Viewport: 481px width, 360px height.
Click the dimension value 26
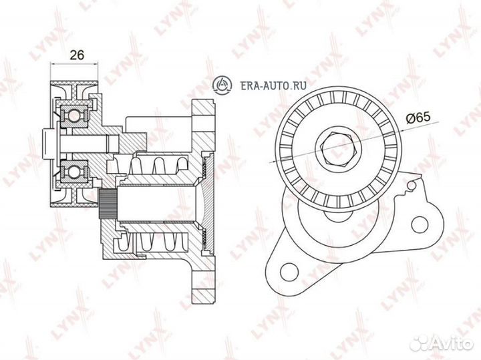77,55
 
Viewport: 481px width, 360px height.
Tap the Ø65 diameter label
418,118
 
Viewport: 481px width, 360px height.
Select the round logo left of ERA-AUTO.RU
222,83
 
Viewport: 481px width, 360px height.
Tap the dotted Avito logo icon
421,343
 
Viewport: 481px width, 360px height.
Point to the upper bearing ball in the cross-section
75,115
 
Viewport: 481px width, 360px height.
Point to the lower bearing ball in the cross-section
75,172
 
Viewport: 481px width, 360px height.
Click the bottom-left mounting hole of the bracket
289,271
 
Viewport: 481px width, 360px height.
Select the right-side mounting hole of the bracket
420,225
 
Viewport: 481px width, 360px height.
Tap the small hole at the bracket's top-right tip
413,185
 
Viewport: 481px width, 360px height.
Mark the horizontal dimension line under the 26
75,64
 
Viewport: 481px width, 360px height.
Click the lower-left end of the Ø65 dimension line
269,163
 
